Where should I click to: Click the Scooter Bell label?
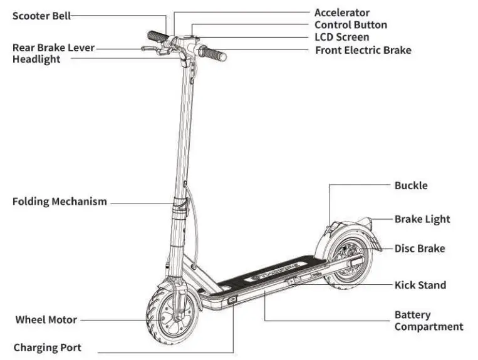(x=41, y=16)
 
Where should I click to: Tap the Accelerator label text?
(x=341, y=13)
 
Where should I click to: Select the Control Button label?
(x=350, y=25)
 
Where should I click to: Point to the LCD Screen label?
(x=341, y=37)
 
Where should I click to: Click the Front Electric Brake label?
(x=363, y=49)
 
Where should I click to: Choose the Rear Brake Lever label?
(x=53, y=48)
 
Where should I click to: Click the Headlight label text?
(x=36, y=59)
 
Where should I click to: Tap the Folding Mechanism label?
(x=60, y=202)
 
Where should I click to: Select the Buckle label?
(x=411, y=185)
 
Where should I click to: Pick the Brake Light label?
(x=422, y=219)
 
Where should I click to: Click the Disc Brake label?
(x=419, y=249)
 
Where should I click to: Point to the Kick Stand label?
(x=420, y=285)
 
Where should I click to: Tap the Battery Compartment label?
(x=429, y=321)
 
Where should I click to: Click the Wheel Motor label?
(x=46, y=319)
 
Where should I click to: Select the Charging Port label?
(x=48, y=347)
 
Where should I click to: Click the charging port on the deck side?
(x=232, y=301)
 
